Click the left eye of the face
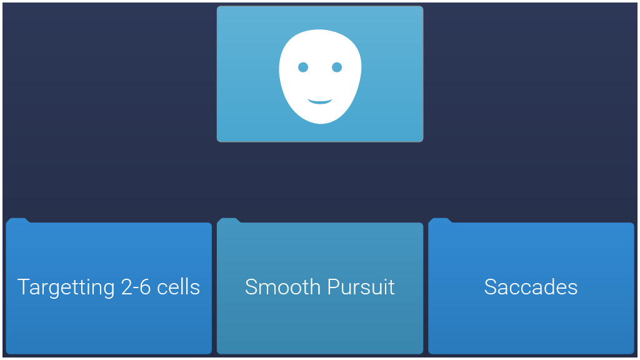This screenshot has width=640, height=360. point(303,67)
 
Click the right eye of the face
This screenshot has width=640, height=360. point(337,67)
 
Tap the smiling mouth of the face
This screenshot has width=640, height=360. point(320,101)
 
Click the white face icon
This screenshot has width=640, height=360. point(320,76)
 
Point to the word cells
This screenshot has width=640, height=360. point(178,287)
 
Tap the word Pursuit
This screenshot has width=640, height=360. point(361,287)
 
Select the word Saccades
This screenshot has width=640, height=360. point(531,287)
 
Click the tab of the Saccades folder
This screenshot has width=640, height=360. point(440,221)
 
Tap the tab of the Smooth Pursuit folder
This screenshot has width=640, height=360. point(229,221)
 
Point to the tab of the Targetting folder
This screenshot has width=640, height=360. point(17,221)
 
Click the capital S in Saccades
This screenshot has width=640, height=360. point(491,287)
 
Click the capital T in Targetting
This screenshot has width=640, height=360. point(24,287)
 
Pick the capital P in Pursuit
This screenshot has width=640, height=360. point(334,287)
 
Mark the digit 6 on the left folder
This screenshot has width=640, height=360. point(145,287)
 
